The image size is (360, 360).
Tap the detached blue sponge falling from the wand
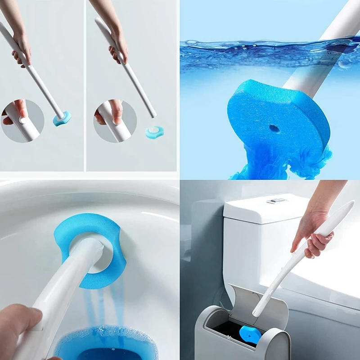pos(154,131)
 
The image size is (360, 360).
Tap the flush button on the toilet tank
pos(275,201)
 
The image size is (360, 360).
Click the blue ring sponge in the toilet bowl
pos(79,229)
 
